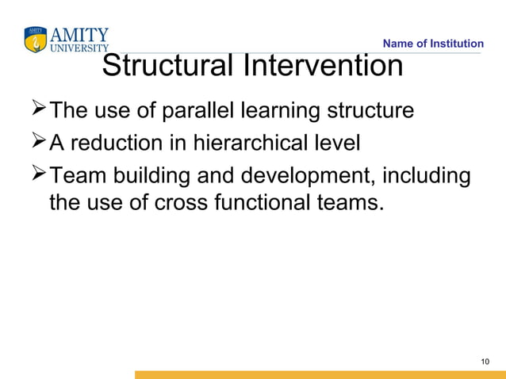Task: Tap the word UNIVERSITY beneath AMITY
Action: (79, 47)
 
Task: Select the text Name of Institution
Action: (433, 44)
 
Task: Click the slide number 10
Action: (485, 362)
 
